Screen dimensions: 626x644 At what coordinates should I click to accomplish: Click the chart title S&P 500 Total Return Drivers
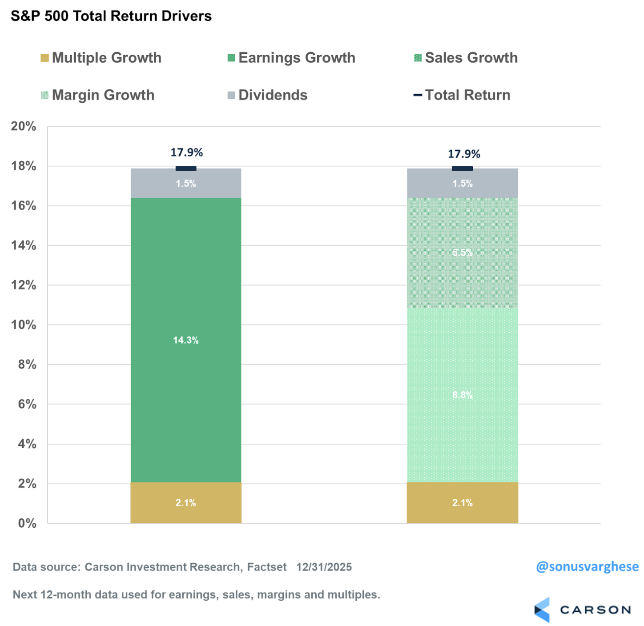(111, 16)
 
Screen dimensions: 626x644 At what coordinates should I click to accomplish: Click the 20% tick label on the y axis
(24, 126)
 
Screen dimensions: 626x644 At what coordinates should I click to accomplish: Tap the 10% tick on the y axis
(24, 325)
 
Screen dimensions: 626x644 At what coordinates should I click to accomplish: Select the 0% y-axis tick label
(27, 523)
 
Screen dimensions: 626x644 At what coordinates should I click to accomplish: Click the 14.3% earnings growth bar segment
(186, 340)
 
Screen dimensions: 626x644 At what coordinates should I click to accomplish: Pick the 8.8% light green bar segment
(463, 395)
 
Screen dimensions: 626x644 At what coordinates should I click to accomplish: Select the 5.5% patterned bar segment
(463, 253)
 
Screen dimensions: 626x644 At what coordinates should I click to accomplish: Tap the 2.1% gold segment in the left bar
(186, 503)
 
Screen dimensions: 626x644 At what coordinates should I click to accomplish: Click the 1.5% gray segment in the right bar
(463, 184)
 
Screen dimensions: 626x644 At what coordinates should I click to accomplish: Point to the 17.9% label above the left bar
(187, 152)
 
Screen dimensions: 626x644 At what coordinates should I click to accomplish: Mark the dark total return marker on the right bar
(463, 169)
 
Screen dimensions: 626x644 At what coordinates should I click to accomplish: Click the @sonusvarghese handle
(587, 567)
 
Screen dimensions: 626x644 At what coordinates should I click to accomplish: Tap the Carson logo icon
(542, 610)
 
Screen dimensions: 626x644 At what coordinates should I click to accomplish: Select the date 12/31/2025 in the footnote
(324, 567)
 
